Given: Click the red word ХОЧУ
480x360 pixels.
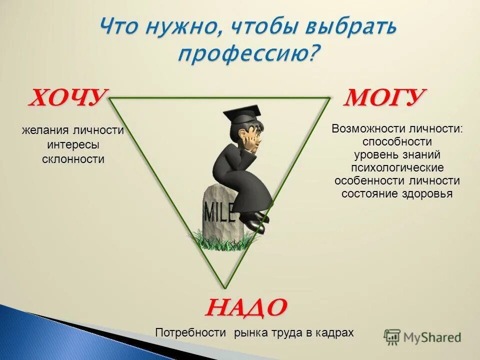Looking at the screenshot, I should point(67,97).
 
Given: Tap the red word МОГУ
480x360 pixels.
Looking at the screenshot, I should point(384,97).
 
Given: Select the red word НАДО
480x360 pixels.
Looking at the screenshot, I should point(245,306).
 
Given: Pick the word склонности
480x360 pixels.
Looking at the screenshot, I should point(73,159).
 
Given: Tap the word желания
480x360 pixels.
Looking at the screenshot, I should point(46,130).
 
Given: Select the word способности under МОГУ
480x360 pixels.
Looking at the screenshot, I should point(397,141).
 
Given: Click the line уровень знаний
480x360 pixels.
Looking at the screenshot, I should point(397,154).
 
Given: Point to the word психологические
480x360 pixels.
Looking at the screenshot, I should point(397,167).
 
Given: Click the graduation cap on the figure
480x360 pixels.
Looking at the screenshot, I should point(243,114).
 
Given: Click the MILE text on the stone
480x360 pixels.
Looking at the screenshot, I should point(219,212).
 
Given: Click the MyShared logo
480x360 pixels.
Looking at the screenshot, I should point(422,336).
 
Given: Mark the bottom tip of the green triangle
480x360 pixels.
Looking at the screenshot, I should point(225,287).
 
